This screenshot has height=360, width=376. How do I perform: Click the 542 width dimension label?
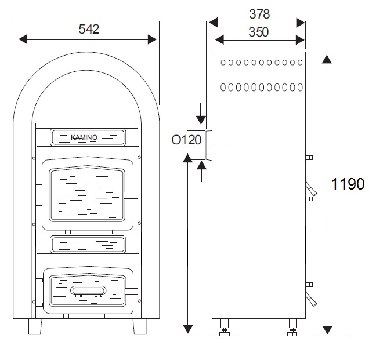tap(89, 29)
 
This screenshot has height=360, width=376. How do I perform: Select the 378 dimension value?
tap(259, 14)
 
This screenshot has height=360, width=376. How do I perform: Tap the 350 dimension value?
tap(259, 32)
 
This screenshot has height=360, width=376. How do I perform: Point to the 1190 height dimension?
tap(348, 184)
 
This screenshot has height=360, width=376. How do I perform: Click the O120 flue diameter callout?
tap(187, 140)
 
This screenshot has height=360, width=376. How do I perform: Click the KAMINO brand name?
tap(84, 137)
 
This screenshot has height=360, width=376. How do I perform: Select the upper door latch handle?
tap(131, 195)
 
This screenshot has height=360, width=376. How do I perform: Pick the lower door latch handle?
tap(131, 292)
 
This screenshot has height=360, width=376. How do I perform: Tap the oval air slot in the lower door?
tap(88, 290)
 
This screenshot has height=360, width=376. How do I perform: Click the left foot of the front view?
tap(35, 326)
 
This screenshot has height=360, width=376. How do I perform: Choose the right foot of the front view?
tap(140, 326)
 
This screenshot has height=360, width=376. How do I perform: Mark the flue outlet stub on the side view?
tap(209, 145)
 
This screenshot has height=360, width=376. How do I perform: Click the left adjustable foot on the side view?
tap(224, 327)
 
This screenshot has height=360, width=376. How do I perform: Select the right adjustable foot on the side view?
tap(292, 327)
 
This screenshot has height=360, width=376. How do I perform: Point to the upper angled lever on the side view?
tap(311, 189)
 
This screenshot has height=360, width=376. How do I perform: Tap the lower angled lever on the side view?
tap(311, 299)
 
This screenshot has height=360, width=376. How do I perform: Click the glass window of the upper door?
tap(87, 194)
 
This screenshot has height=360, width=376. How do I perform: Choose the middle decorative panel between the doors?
tap(88, 245)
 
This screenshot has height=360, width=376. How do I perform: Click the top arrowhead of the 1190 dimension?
tap(327, 59)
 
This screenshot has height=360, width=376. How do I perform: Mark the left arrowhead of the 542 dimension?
tap(23, 39)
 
